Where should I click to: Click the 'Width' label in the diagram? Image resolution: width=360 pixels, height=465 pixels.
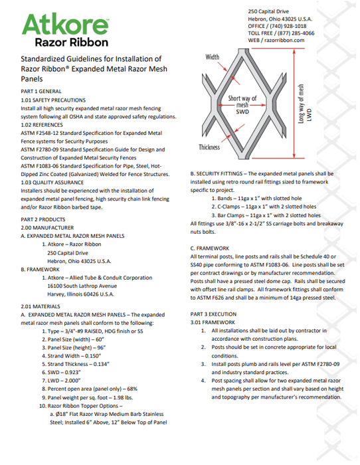click(x=212, y=57)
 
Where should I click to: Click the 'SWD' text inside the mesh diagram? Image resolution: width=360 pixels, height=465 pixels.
click(x=242, y=112)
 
